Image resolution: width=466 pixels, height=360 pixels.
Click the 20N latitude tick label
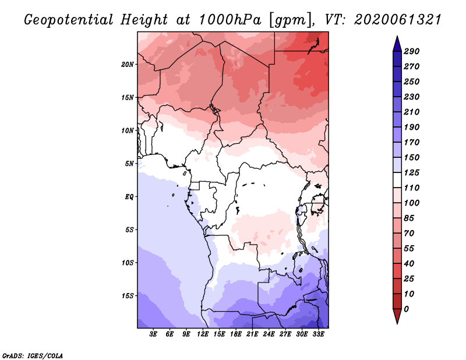click(127, 65)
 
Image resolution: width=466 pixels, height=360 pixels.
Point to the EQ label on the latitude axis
click(129, 197)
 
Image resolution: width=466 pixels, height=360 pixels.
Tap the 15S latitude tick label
click(127, 296)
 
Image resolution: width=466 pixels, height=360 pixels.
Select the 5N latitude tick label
click(129, 164)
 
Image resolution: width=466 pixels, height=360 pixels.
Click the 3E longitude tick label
click(153, 334)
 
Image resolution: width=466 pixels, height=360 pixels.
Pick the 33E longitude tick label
click(318, 334)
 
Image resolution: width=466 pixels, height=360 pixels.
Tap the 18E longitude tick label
click(236, 334)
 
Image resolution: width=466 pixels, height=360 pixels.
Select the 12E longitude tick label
click(203, 334)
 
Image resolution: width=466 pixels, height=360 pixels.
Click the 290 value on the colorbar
click(411, 51)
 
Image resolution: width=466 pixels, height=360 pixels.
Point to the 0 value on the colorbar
click(406, 309)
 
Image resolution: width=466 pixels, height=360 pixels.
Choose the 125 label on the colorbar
click(411, 172)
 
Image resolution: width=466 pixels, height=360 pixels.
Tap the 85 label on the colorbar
click(409, 218)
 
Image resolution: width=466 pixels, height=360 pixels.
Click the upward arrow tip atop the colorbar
click(397, 36)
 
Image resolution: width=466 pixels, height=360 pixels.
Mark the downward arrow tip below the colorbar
click(397, 324)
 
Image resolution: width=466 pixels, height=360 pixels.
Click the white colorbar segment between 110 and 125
click(397, 180)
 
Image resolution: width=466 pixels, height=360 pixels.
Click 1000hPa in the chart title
click(230, 20)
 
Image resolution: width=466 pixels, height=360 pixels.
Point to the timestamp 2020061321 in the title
click(398, 20)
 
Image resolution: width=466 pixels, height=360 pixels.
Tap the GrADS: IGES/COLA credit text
click(33, 356)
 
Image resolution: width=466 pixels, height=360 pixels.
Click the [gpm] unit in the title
click(291, 20)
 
